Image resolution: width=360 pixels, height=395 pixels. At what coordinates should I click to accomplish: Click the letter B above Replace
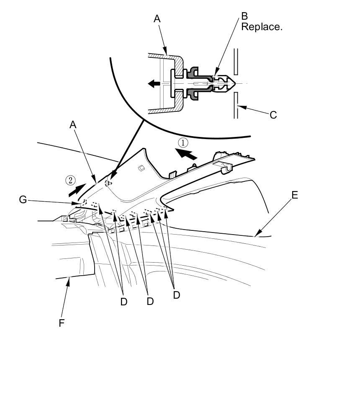(244, 16)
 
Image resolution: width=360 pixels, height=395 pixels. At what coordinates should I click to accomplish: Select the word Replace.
(262, 27)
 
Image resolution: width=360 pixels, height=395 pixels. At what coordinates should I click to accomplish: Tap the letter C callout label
(273, 115)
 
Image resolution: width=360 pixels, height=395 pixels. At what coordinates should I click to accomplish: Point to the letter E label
(295, 195)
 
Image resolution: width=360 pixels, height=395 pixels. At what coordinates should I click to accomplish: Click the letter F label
(62, 323)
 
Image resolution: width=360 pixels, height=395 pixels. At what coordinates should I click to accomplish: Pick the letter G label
(23, 200)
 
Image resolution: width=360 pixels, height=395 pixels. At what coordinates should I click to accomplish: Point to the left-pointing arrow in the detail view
(154, 84)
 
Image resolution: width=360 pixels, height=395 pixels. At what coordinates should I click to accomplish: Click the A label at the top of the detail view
(157, 19)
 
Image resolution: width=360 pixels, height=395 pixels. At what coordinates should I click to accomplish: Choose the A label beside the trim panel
(73, 124)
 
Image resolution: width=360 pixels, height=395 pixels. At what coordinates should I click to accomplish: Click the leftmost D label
(123, 302)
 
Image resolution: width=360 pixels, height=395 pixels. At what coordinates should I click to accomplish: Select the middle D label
(150, 301)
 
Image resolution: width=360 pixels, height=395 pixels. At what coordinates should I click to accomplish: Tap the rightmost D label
(176, 295)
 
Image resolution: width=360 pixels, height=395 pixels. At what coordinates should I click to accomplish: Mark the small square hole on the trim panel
(141, 168)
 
